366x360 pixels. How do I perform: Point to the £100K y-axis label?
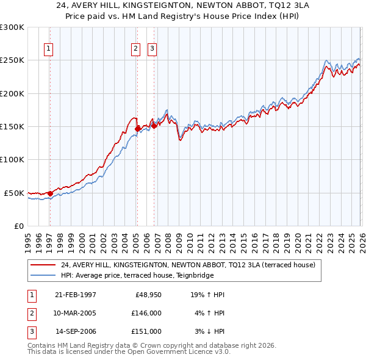[12, 159]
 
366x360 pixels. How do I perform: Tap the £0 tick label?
[18, 226]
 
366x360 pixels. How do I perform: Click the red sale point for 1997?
[50, 193]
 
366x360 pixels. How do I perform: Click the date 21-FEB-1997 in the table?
[75, 295]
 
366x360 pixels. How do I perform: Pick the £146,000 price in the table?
[146, 313]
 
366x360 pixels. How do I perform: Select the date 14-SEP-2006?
[76, 331]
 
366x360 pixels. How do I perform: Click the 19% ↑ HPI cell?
[208, 295]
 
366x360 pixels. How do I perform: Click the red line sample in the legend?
[44, 265]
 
